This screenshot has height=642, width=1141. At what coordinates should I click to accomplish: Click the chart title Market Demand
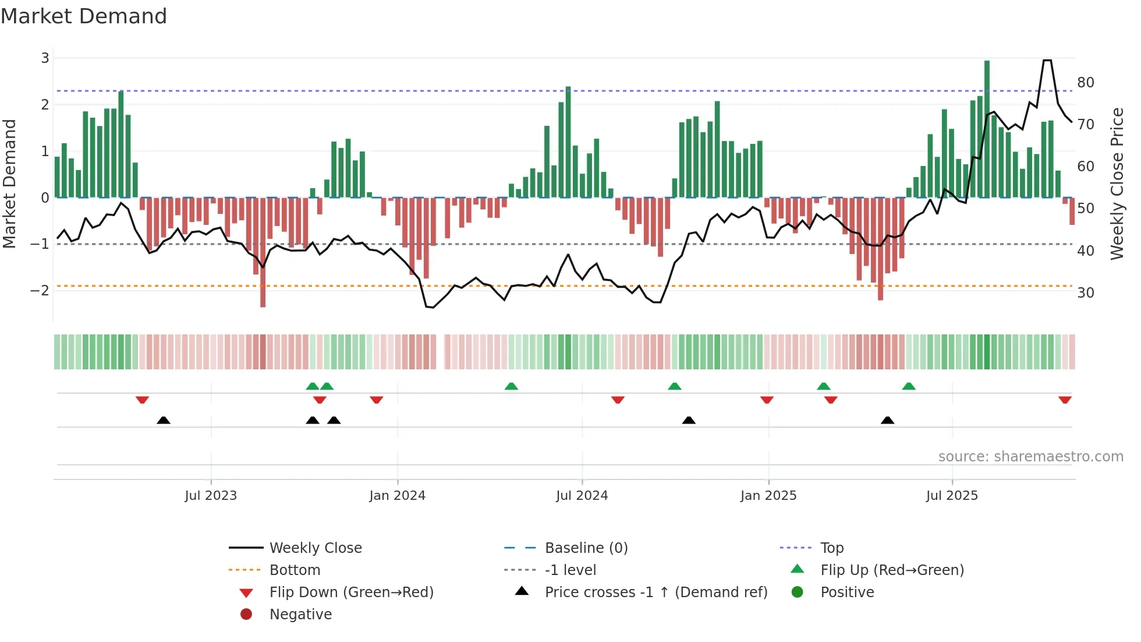(84, 16)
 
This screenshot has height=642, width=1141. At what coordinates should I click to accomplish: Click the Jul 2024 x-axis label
(582, 496)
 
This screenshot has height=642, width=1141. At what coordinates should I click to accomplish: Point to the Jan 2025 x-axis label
(768, 496)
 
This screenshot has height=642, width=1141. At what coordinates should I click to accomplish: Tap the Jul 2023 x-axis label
(211, 496)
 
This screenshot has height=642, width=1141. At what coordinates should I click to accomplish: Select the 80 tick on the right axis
(1085, 83)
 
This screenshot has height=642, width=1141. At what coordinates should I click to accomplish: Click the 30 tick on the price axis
(1085, 293)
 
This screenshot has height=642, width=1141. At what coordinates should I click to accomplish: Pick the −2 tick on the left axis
(40, 290)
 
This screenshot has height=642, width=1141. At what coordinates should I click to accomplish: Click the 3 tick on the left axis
(45, 58)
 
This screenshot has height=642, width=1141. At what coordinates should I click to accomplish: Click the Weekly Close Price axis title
(1117, 184)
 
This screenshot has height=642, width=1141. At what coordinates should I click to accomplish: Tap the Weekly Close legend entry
(315, 548)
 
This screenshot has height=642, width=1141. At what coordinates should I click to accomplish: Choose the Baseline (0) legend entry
(586, 548)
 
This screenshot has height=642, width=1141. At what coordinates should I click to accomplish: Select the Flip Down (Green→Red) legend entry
(351, 592)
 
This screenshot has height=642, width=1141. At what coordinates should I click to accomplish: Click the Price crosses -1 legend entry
(655, 592)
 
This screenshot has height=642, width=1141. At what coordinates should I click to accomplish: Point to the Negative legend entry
(300, 615)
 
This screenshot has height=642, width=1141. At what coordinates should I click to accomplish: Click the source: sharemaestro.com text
(1030, 457)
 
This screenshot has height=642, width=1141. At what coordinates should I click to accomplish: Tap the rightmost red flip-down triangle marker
(1065, 400)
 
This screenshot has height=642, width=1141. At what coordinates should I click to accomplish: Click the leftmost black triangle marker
(164, 420)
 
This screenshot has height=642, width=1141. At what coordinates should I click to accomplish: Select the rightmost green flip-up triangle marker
(909, 386)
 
